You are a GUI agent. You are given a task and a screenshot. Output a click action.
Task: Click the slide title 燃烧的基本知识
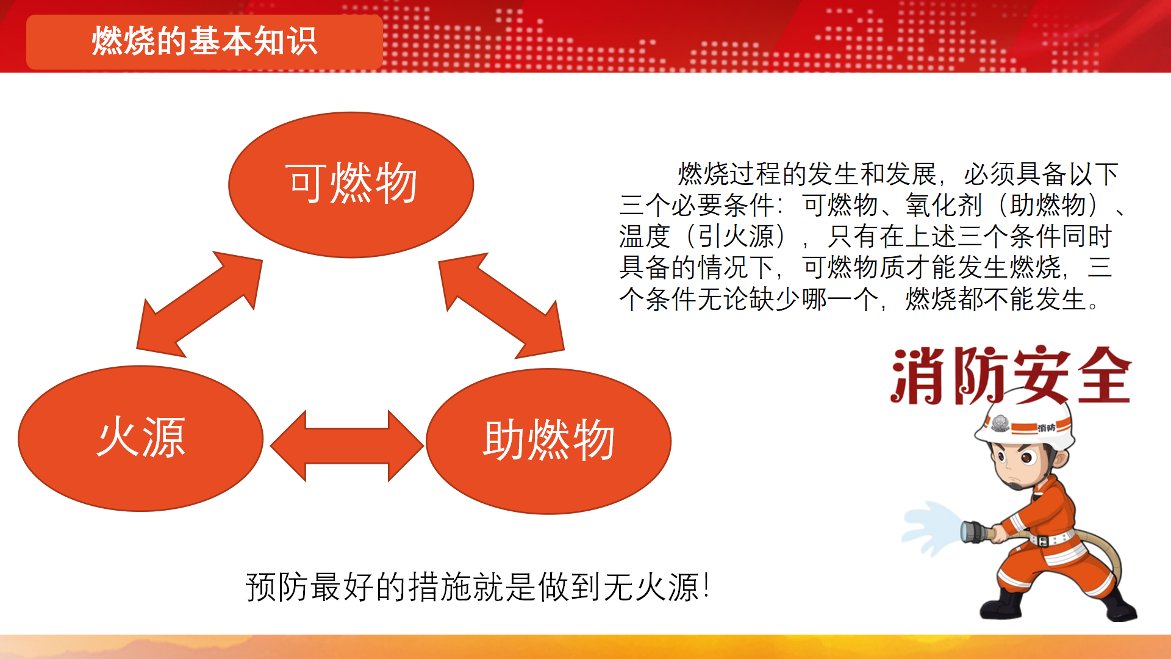(204, 41)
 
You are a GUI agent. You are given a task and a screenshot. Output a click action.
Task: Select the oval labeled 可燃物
(351, 185)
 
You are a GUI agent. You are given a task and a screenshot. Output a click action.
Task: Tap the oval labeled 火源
(141, 438)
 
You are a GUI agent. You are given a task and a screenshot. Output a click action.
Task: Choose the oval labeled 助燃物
(549, 441)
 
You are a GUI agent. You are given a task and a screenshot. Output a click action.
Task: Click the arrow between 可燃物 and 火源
(199, 304)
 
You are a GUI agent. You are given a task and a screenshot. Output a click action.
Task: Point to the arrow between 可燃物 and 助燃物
(501, 305)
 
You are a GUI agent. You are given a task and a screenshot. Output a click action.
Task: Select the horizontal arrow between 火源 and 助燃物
(346, 446)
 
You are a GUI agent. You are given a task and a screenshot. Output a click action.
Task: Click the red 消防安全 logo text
(1011, 375)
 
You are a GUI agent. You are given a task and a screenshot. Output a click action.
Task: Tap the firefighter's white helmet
(1025, 425)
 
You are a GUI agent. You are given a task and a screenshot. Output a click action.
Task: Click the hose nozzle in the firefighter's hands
(979, 531)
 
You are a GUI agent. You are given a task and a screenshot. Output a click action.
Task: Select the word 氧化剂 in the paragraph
(944, 205)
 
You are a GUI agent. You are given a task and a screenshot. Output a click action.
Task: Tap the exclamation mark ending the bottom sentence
(706, 586)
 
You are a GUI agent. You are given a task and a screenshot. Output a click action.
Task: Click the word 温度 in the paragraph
(645, 236)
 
